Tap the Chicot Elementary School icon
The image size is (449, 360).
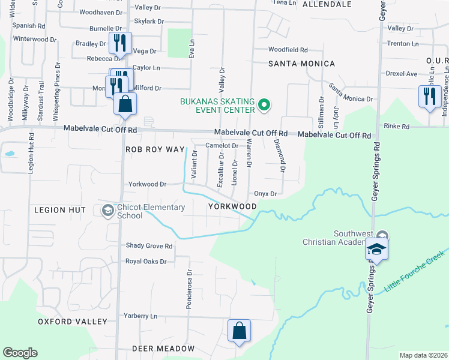(107, 211)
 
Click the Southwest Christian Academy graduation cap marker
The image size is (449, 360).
(376, 249)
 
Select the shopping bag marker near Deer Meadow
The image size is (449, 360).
(239, 331)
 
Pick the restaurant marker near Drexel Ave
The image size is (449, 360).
(430, 97)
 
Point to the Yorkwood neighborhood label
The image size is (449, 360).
(232, 206)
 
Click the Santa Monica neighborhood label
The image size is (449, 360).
(301, 64)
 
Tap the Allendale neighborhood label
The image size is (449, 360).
(327, 4)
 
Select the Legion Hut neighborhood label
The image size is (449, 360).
(60, 210)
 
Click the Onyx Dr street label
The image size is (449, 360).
(265, 194)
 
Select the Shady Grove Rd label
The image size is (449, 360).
(149, 246)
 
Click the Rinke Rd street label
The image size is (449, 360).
(397, 127)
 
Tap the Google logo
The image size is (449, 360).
(20, 353)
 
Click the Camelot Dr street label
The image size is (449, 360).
(222, 146)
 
